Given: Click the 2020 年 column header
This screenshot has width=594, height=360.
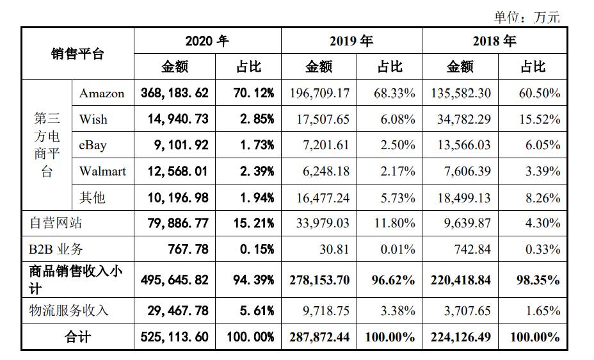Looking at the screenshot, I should (207, 41).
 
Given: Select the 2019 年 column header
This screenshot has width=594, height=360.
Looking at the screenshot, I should (351, 41).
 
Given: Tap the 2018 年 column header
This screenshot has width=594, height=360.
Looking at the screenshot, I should (494, 41).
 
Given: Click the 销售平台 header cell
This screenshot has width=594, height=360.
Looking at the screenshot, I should (77, 54).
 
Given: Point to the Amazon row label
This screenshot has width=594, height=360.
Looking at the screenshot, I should (102, 94).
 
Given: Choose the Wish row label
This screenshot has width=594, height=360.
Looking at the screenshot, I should (93, 120).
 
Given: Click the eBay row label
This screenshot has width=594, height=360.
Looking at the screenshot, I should (93, 145).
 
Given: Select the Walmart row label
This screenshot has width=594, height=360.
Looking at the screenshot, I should (102, 171).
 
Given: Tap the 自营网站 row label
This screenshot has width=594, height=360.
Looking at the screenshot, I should (56, 223).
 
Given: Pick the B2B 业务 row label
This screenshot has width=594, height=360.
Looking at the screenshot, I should (56, 249).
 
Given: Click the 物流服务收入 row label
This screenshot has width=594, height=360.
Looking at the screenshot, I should (69, 311).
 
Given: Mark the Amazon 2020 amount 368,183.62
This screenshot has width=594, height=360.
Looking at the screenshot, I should (175, 93).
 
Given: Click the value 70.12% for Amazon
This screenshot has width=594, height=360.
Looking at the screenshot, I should (248, 93).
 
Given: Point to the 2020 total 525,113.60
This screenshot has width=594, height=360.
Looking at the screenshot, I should (175, 337).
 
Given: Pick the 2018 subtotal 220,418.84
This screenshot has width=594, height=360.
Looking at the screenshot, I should (462, 280).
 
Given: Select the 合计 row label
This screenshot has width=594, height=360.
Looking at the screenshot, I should (77, 337).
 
